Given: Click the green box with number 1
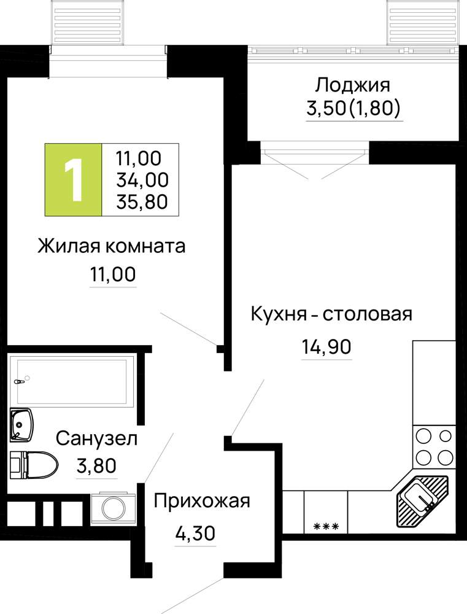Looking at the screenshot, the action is pyautogui.click(x=73, y=180).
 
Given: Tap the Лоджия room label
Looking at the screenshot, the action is pyautogui.click(x=353, y=85).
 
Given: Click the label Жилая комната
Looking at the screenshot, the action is pyautogui.click(x=112, y=247).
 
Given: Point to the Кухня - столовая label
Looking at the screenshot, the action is pyautogui.click(x=331, y=314).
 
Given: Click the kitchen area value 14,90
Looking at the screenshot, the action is pyautogui.click(x=326, y=346).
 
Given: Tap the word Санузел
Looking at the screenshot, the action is pyautogui.click(x=97, y=438).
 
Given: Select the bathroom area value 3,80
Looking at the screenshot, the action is pyautogui.click(x=97, y=466).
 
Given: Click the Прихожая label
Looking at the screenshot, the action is pyautogui.click(x=202, y=501).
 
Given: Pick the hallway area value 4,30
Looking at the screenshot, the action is pyautogui.click(x=195, y=533).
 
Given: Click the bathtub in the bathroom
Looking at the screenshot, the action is pyautogui.click(x=72, y=382).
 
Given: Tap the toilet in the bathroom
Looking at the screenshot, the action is pyautogui.click(x=34, y=465).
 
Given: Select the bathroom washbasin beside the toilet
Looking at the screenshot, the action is pyautogui.click(x=21, y=425).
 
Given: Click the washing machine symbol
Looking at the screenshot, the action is pyautogui.click(x=114, y=508).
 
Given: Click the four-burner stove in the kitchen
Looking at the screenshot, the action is pyautogui.click(x=434, y=446).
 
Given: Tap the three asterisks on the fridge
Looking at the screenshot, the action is pyautogui.click(x=326, y=526).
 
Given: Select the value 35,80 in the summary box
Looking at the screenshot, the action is pyautogui.click(x=142, y=201).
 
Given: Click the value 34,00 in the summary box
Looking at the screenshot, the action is pyautogui.click(x=142, y=180).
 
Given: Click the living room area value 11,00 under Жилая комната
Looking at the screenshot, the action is pyautogui.click(x=113, y=274).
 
